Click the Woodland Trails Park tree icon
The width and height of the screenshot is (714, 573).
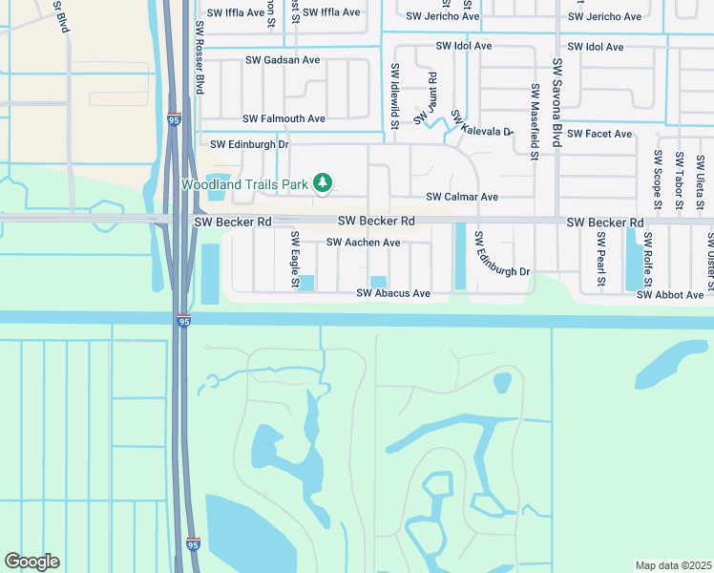click(323, 181)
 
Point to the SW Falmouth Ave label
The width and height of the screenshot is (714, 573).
click(283, 119)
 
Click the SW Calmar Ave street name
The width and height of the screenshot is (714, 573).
click(462, 197)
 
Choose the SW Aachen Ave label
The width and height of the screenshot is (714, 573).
click(363, 243)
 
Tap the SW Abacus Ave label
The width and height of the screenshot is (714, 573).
click(393, 293)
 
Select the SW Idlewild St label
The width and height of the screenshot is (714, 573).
click(393, 95)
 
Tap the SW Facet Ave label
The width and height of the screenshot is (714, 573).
click(599, 135)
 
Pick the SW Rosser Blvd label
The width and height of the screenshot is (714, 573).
click(199, 56)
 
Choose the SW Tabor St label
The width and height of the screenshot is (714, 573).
click(679, 180)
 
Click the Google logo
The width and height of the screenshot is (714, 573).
click(31, 562)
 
